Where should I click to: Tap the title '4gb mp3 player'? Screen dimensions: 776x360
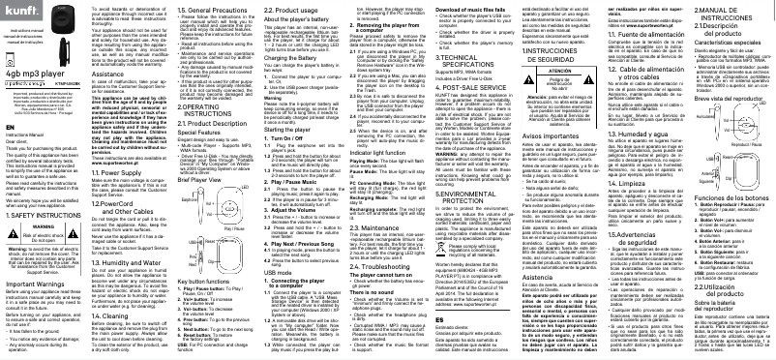click(31, 72)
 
